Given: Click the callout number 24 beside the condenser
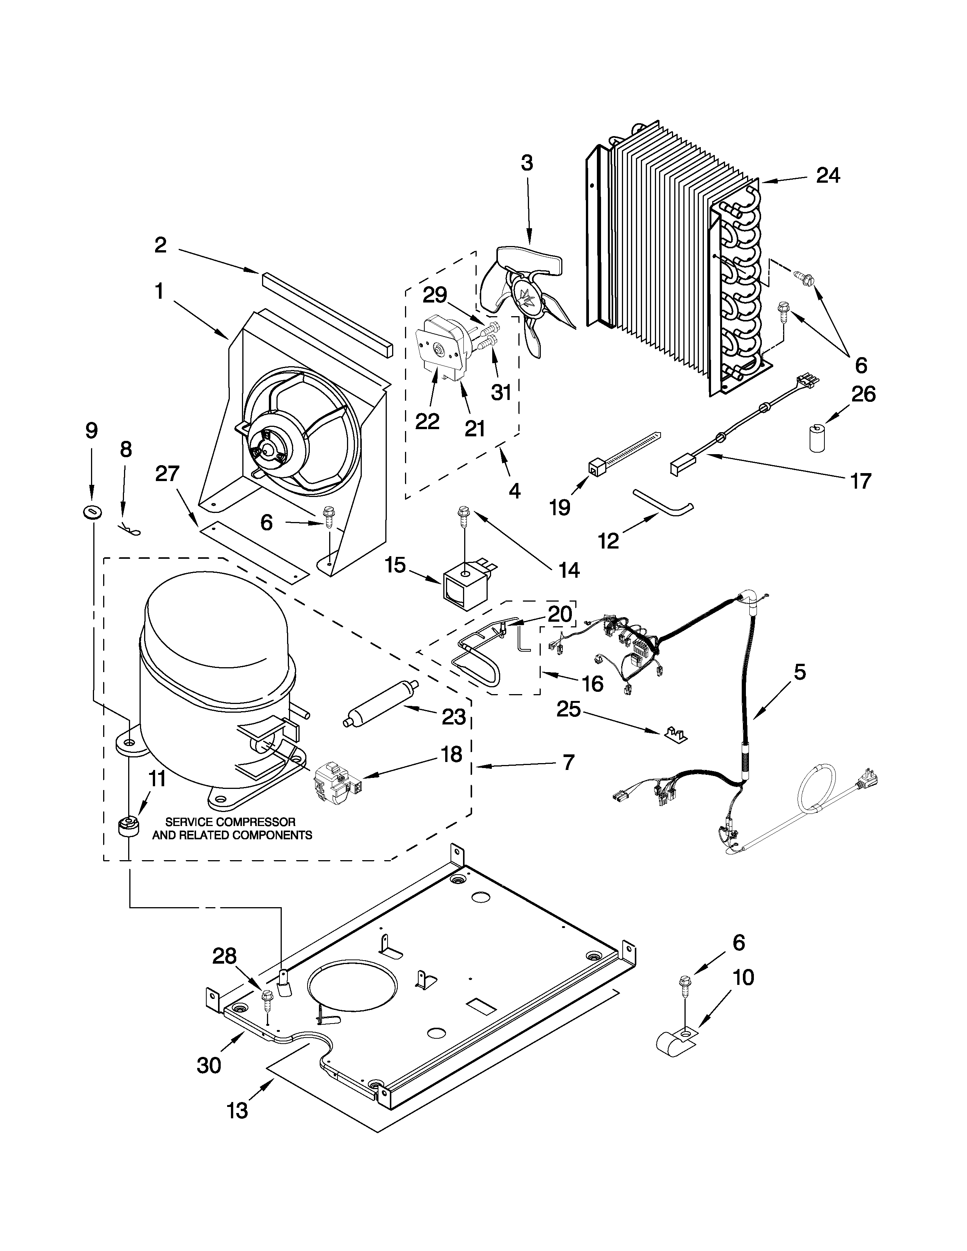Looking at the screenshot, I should pyautogui.click(x=828, y=175).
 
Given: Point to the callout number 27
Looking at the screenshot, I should pyautogui.click(x=167, y=474).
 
